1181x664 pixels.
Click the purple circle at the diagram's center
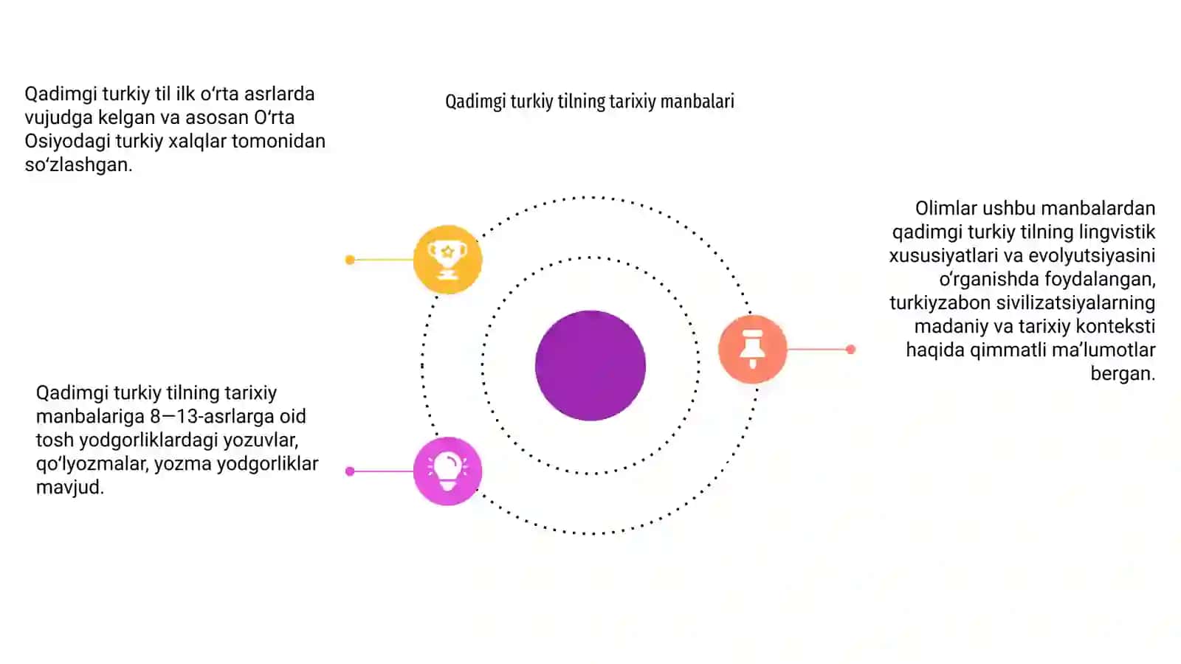[x=590, y=365]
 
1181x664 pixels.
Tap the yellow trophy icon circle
[x=447, y=259]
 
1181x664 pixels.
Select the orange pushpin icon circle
[x=752, y=349]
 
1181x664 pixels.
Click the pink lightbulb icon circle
[x=447, y=471]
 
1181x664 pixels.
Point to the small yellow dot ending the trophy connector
[x=350, y=260]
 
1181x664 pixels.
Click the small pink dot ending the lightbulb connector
[x=350, y=471]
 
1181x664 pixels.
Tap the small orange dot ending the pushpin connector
[x=850, y=349]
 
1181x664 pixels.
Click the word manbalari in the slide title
[x=697, y=100]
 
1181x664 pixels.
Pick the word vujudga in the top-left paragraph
[x=58, y=118]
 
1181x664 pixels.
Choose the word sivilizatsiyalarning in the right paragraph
[x=1075, y=303]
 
